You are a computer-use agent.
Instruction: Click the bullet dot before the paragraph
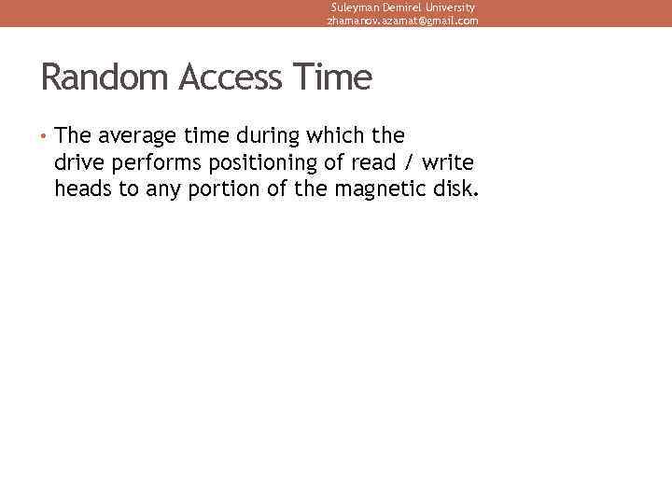click(44, 136)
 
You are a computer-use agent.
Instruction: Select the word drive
click(80, 163)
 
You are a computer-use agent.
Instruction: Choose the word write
click(448, 163)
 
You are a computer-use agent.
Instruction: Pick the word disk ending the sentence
click(455, 190)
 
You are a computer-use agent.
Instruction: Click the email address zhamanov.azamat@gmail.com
click(402, 21)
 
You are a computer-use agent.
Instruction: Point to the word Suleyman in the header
click(355, 7)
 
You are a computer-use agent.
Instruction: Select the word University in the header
click(446, 7)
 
